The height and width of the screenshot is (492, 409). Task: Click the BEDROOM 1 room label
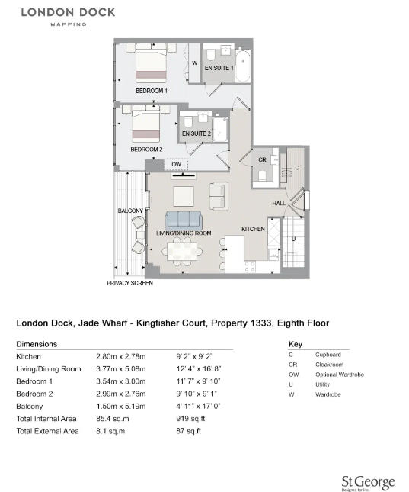pos(151,91)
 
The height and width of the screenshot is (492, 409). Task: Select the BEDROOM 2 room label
pos(145,150)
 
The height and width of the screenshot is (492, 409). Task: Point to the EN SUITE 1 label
pos(218,69)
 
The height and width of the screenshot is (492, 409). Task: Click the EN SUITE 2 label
pos(196,133)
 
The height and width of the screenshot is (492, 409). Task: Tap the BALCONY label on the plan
pos(129,211)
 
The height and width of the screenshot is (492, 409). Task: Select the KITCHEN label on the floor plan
pos(254,229)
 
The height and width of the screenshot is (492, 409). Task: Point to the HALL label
pos(279,204)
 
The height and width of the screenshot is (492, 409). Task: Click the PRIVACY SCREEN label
pos(129,283)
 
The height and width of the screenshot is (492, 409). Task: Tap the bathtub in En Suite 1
pos(243,66)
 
